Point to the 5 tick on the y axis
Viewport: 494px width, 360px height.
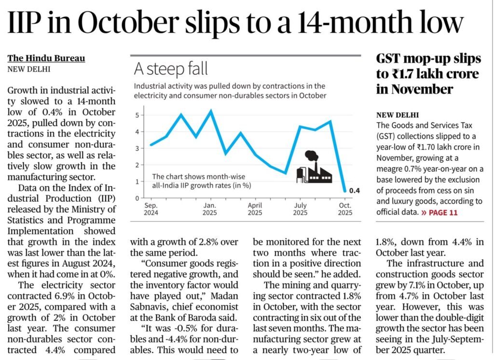tap(137, 115)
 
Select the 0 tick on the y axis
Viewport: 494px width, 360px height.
tap(137, 198)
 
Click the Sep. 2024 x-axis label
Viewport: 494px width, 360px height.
tap(151, 208)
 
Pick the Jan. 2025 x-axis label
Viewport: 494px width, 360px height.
tap(209, 208)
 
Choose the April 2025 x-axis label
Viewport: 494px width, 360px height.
tap(255, 208)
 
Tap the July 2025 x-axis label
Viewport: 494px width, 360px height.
tap(300, 208)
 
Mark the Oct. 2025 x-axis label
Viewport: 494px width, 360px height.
tap(345, 208)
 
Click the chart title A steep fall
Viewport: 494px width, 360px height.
tap(171, 69)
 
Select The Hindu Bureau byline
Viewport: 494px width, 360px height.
tap(46, 58)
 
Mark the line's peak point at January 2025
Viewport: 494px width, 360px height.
tap(210, 111)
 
